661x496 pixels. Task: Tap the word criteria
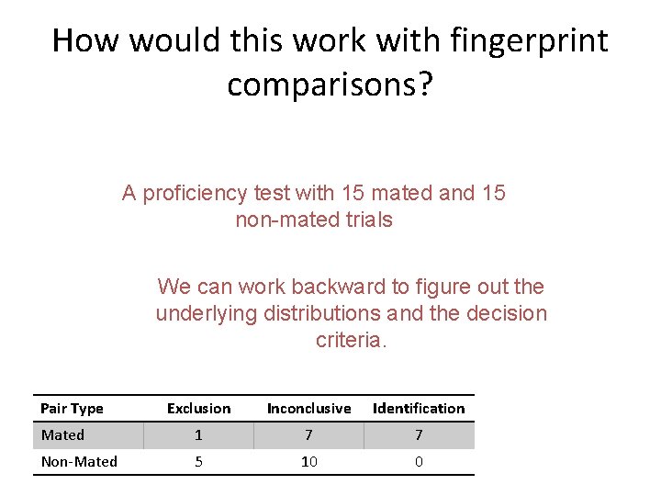[x=352, y=340]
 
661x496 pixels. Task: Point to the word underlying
[x=207, y=313]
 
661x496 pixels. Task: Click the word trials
[x=370, y=220]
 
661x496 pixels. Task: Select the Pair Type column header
[x=73, y=408]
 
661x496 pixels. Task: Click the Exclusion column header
[x=198, y=408]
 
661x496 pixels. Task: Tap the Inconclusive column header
[x=308, y=408]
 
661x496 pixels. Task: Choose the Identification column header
[x=419, y=408]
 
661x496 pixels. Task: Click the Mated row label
[x=62, y=434]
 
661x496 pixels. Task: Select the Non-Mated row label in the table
[x=79, y=461]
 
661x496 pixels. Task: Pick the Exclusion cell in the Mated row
[x=198, y=434]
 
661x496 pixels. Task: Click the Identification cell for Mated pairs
[x=419, y=434]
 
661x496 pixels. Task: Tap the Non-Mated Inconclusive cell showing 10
[x=308, y=461]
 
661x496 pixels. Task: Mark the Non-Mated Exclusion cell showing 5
[x=198, y=461]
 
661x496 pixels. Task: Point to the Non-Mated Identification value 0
[x=419, y=461]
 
